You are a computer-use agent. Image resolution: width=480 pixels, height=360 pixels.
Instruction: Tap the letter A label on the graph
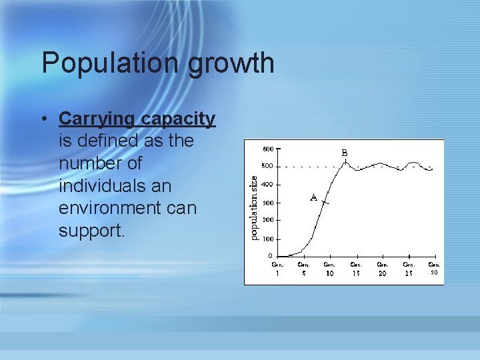pos(313,197)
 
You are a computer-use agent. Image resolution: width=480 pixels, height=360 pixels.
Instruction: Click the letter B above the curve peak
pos(345,153)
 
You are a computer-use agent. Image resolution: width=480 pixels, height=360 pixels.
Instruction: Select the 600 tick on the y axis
pos(267,148)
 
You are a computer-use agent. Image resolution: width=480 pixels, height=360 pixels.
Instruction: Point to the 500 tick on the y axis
pos(267,166)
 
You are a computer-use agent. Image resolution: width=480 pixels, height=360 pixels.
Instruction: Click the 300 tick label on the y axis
pos(267,203)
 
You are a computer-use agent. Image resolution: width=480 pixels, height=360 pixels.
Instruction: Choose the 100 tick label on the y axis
pos(267,239)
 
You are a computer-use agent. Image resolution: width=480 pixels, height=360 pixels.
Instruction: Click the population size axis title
pos(253,203)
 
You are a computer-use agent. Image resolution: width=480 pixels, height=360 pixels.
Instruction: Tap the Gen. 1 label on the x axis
pos(277,268)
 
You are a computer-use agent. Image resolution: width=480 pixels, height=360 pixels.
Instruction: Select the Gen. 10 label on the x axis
pos(329,268)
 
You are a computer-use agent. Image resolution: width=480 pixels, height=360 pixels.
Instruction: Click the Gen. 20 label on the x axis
pos(382,268)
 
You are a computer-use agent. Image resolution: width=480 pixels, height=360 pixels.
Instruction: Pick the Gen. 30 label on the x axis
pos(434,268)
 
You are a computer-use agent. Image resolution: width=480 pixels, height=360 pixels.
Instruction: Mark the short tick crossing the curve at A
pos(324,202)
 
